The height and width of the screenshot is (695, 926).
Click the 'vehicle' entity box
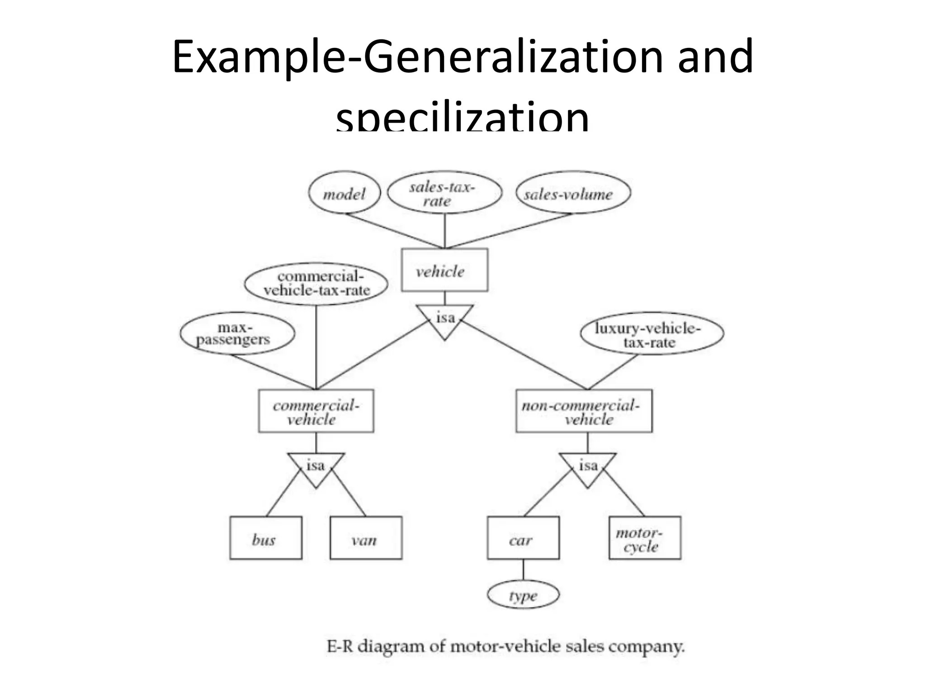[444, 270]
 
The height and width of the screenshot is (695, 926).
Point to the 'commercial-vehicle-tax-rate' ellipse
[316, 284]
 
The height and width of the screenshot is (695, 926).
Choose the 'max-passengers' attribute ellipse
[237, 334]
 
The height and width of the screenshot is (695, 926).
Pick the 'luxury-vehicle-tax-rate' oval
[652, 334]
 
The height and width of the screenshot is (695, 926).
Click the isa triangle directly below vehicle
[445, 319]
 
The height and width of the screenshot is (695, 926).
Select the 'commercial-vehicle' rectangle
[316, 411]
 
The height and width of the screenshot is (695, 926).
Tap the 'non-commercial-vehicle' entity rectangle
[584, 411]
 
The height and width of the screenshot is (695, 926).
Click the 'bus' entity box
[266, 538]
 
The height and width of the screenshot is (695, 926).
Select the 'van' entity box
[366, 538]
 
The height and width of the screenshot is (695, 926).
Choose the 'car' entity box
[523, 538]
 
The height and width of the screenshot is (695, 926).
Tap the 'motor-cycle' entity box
[645, 538]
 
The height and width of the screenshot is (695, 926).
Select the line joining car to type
[523, 570]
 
